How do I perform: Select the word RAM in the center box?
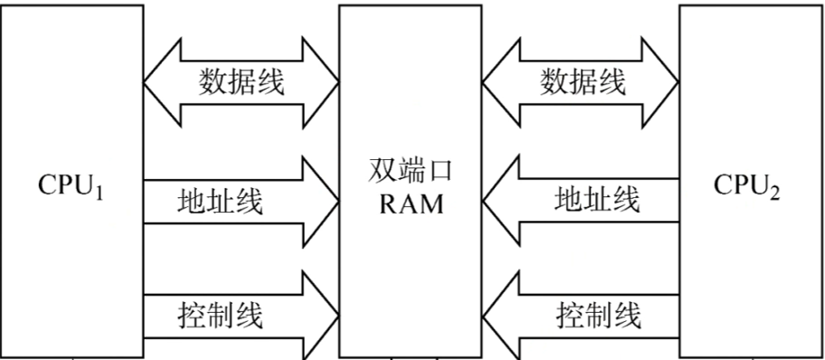click(x=412, y=204)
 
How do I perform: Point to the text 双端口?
click(x=412, y=172)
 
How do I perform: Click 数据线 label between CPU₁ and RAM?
click(x=242, y=83)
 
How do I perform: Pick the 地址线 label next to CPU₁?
click(x=220, y=201)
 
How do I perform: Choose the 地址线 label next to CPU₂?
click(x=598, y=198)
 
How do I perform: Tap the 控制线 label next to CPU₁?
click(x=220, y=316)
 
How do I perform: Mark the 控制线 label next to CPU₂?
click(x=598, y=316)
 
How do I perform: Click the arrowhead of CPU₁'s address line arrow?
click(x=317, y=201)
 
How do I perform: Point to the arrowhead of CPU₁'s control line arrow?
click(x=317, y=317)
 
